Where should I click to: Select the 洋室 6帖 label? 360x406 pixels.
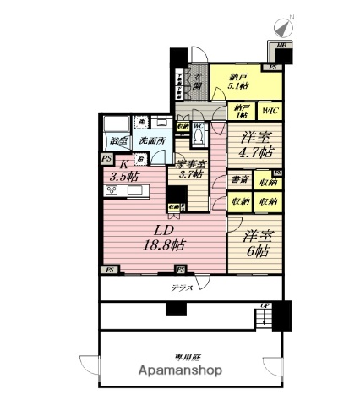click(x=252, y=244)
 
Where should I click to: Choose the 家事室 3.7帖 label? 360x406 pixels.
click(x=191, y=169)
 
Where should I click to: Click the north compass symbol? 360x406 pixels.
click(x=282, y=27)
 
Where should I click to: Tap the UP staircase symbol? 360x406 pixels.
click(x=265, y=315)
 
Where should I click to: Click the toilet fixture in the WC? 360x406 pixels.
click(x=199, y=135)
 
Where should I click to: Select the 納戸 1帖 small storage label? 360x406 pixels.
click(x=241, y=110)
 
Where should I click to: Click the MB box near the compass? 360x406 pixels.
click(x=281, y=47)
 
